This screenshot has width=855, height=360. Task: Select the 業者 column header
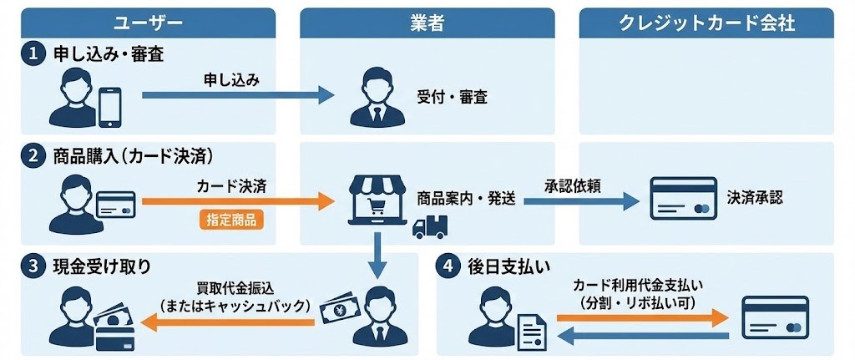pos(427,23)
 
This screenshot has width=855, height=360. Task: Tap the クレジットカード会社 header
pos(708,23)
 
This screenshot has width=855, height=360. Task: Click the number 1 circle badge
pos(33,54)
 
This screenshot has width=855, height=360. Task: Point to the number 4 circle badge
pos(448,267)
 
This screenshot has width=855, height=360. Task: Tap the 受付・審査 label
pos(451,97)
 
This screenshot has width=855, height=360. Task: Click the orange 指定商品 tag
pos(231,221)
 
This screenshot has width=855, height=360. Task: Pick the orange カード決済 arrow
pos(237,200)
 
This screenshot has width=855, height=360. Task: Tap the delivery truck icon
pos(431,226)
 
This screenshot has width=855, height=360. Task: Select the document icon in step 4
pos(532,331)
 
